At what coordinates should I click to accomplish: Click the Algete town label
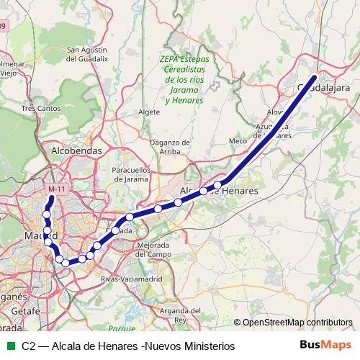pyautogui.click(x=148, y=113)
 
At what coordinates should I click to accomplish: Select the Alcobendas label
pyautogui.click(x=76, y=151)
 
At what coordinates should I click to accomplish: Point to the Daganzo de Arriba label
pyautogui.click(x=169, y=147)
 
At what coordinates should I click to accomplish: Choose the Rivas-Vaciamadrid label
pyautogui.click(x=130, y=278)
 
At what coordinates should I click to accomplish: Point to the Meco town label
pyautogui.click(x=237, y=141)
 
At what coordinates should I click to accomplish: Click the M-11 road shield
pyautogui.click(x=56, y=189)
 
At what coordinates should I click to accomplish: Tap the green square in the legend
pyautogui.click(x=9, y=346)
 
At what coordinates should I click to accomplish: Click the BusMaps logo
pyautogui.click(x=326, y=345)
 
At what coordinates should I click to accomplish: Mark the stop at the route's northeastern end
pyautogui.click(x=315, y=78)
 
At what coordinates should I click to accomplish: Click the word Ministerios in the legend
pyautogui.click(x=204, y=346)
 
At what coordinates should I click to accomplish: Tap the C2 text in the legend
pyautogui.click(x=30, y=346)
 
